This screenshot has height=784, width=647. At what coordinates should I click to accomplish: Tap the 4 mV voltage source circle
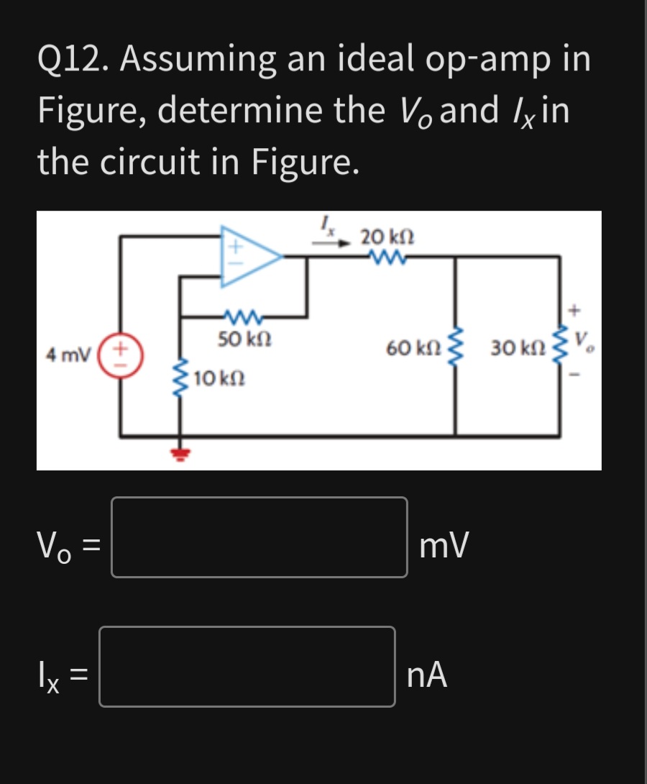[x=121, y=355]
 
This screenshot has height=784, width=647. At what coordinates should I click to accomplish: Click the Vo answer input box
[x=259, y=537]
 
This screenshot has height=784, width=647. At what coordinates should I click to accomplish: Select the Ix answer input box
[x=247, y=667]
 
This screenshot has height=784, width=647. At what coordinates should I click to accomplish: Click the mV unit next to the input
[x=446, y=545]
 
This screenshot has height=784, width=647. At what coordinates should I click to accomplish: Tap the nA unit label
[x=427, y=675]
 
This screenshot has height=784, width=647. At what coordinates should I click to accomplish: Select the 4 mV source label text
[x=68, y=355]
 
